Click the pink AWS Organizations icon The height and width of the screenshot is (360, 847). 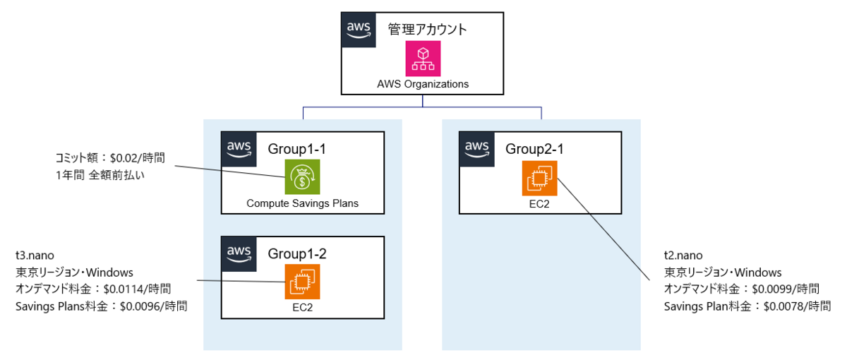click(423, 58)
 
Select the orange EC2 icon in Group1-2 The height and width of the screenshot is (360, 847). click(302, 281)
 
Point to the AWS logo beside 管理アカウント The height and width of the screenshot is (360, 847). click(359, 30)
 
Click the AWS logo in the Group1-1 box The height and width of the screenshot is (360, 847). click(239, 149)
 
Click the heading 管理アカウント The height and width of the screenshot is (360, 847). click(428, 29)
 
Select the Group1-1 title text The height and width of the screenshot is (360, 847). click(297, 150)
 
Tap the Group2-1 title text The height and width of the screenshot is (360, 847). click(535, 150)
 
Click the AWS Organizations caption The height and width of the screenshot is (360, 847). click(423, 83)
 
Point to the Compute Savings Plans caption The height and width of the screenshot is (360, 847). click(302, 203)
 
